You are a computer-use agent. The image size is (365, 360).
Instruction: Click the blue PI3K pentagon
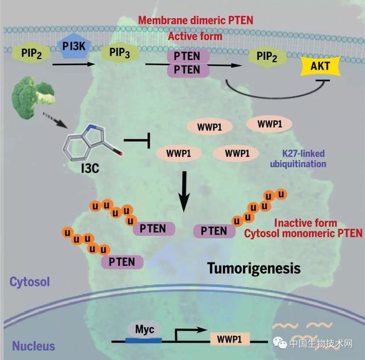[74, 46]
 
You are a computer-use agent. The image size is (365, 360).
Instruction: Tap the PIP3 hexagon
[120, 52]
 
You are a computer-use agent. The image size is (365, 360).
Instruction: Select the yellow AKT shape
[321, 66]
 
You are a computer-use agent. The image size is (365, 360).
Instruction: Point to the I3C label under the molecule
[90, 168]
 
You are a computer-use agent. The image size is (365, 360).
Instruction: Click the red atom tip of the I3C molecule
[120, 153]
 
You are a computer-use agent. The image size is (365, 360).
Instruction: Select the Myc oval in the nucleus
[144, 330]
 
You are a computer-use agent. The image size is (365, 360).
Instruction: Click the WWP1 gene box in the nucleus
[230, 339]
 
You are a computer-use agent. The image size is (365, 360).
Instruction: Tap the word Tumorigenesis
[254, 268]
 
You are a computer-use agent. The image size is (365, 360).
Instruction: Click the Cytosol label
[30, 282]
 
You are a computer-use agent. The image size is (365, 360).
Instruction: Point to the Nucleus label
[34, 346]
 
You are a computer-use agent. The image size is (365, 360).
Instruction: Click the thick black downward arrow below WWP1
[184, 191]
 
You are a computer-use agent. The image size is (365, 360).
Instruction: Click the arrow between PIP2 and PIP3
[74, 64]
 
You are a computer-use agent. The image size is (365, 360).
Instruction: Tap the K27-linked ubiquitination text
[298, 159]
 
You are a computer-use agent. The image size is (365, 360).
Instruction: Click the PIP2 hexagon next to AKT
[267, 56]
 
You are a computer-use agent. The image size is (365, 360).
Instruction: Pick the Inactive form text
[306, 223]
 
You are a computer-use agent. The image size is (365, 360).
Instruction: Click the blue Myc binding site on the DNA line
[144, 341]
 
